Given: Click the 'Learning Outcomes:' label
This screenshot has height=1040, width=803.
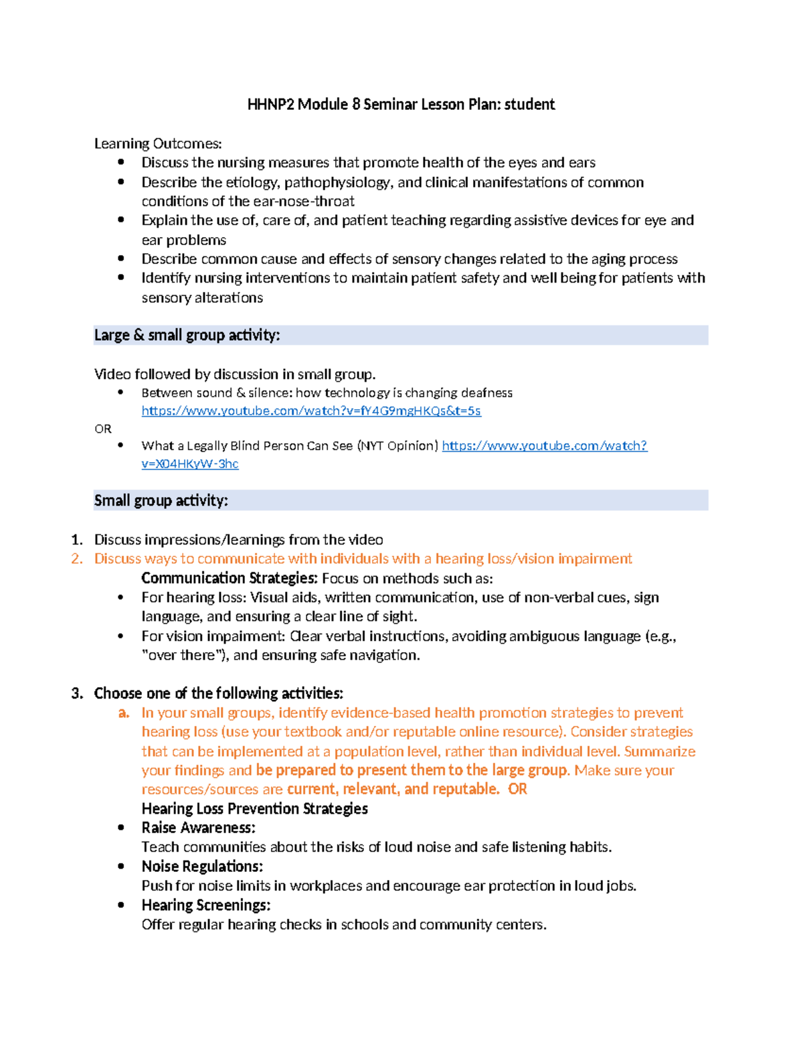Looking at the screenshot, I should click(157, 143).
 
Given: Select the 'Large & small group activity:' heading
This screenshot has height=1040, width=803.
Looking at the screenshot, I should click(187, 335).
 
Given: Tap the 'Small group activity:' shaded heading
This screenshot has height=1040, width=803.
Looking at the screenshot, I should click(161, 500).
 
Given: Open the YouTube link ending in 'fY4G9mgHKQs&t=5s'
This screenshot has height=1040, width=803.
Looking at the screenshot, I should click(310, 411).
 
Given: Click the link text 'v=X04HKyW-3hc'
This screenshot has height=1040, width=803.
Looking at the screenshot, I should click(189, 463).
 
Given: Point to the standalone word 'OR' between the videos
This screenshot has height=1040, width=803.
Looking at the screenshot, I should click(102, 429).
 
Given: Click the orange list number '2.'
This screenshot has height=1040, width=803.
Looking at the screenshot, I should click(77, 559).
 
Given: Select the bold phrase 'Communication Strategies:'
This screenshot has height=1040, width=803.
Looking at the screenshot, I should click(229, 578).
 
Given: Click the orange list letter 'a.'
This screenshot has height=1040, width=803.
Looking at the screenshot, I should click(123, 713).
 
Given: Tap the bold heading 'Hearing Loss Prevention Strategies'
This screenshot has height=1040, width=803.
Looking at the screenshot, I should click(254, 808).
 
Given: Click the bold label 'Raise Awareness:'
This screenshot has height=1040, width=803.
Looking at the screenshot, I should click(198, 828).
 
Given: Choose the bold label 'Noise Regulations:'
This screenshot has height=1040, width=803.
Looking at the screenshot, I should click(201, 867).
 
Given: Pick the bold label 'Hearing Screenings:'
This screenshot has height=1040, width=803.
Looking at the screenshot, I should click(205, 905).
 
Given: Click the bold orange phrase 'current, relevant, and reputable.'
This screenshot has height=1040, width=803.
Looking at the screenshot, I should click(393, 789).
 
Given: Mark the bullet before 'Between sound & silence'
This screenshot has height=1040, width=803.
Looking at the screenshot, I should click(120, 392).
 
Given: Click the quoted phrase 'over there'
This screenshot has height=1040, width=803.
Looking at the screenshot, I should click(179, 655).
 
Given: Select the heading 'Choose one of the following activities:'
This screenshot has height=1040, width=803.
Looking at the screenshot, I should click(218, 693).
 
